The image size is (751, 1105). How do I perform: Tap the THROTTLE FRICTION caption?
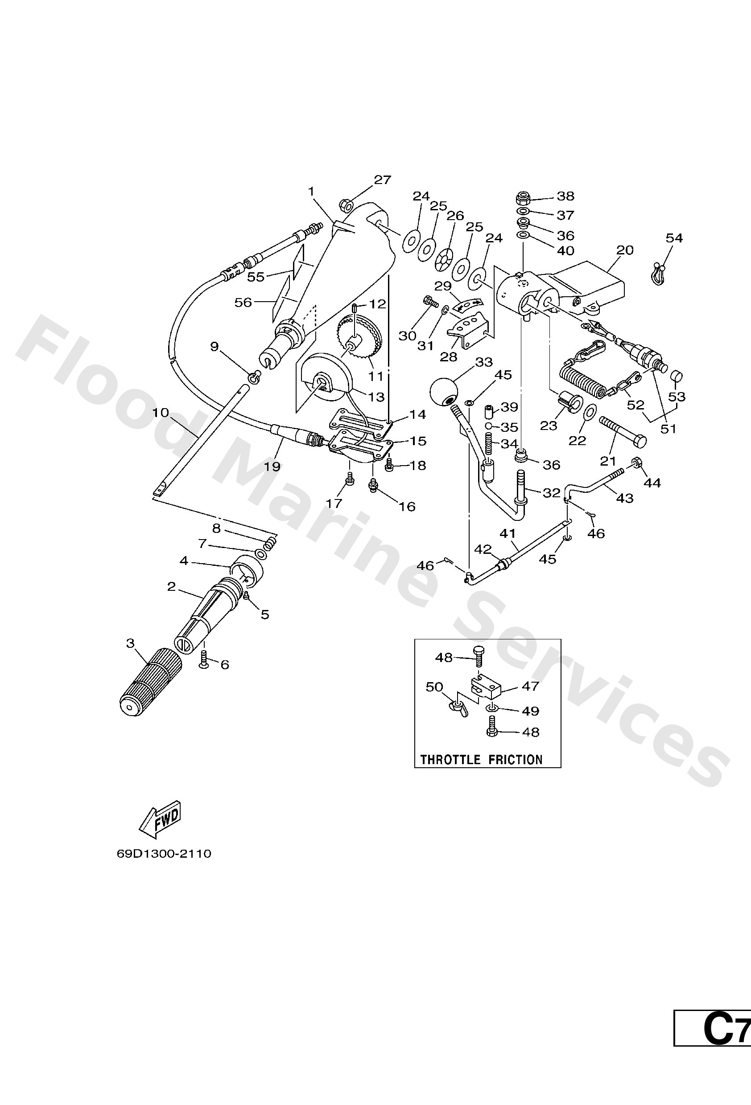[x=481, y=759]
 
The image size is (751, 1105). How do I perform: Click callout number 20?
[x=624, y=250]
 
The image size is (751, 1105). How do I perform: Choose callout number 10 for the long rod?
[x=161, y=412]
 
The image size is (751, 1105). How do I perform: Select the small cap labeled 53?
[x=676, y=377]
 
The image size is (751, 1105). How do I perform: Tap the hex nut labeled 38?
[x=524, y=196]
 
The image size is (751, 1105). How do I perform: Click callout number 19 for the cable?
[x=272, y=467]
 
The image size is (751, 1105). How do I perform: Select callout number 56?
[x=243, y=302]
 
